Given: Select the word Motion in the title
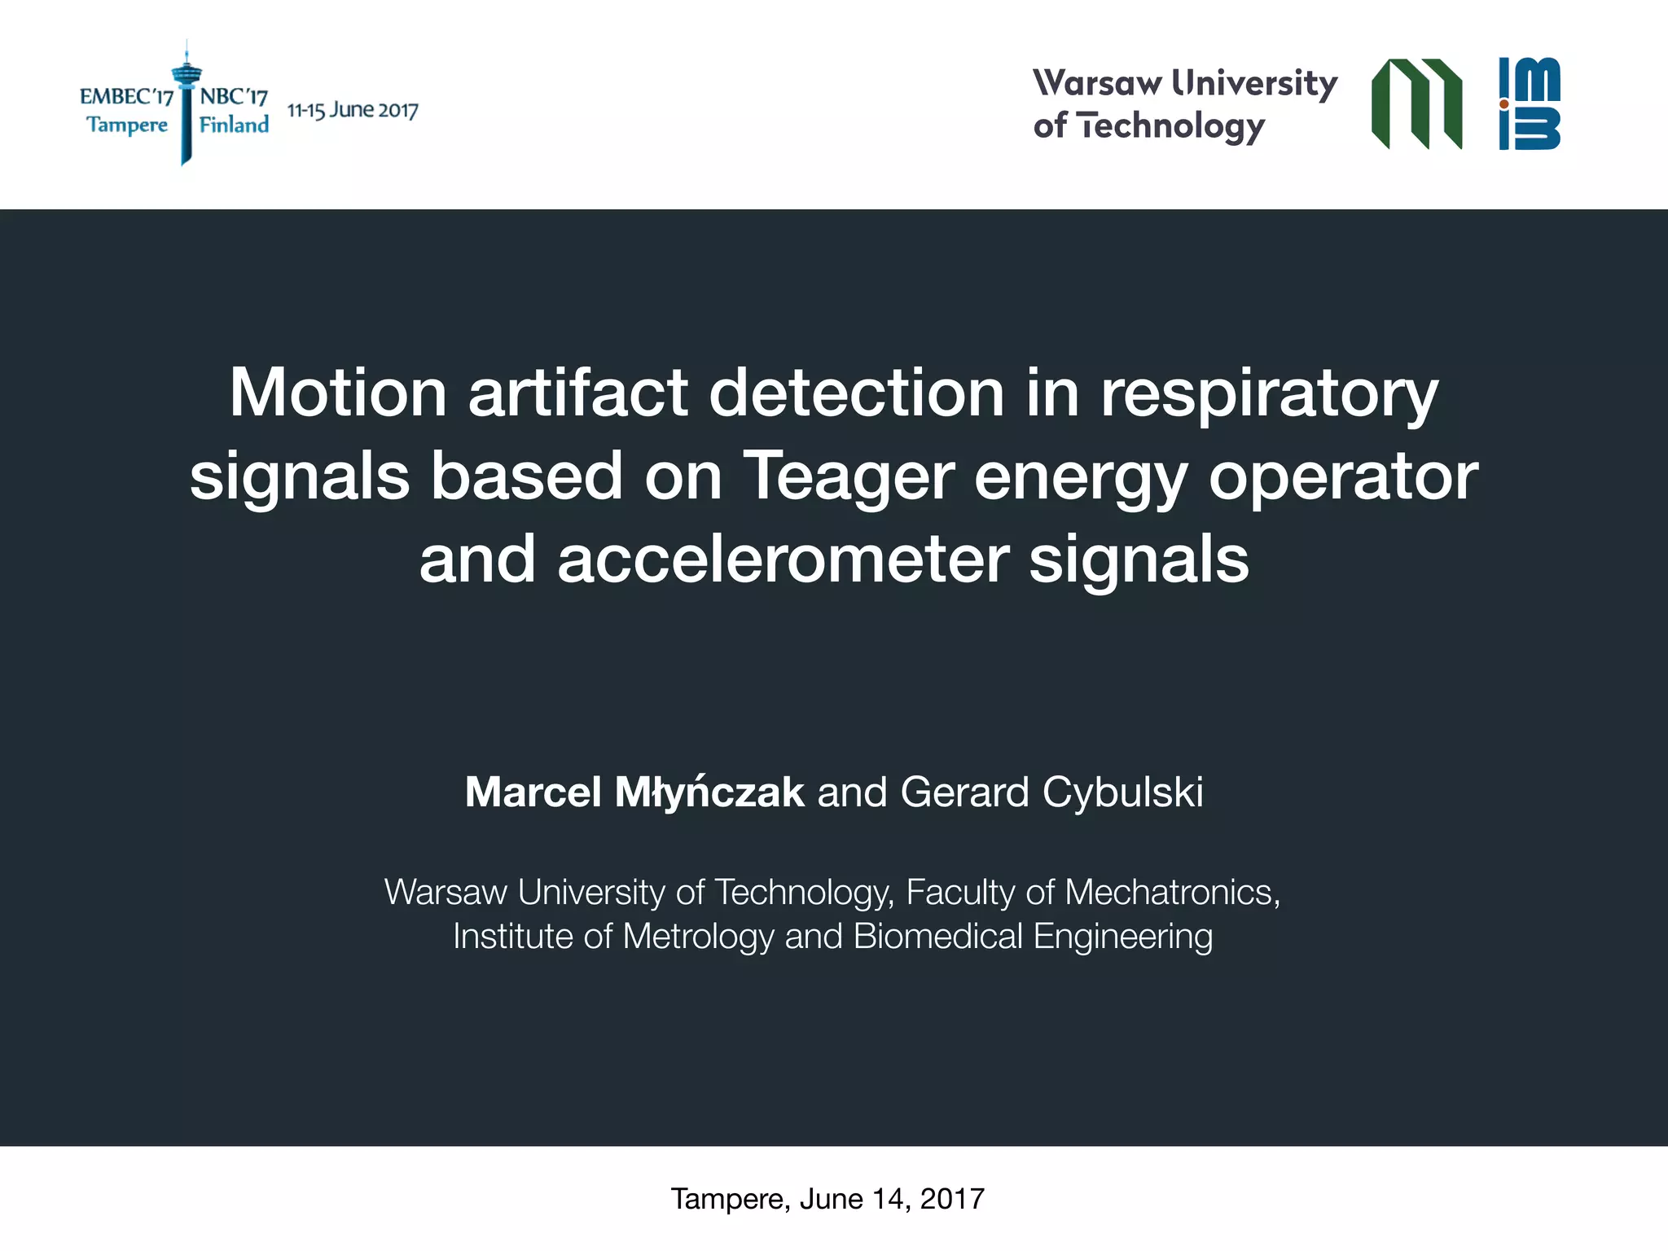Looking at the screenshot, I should [337, 393].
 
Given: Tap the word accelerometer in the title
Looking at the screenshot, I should [784, 560].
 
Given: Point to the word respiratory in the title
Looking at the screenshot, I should [1269, 395].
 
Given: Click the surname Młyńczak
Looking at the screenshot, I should [709, 792].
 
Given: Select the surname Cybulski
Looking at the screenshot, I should [1122, 792].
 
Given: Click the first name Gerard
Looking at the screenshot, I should [965, 792].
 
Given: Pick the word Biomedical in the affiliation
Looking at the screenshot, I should [937, 937].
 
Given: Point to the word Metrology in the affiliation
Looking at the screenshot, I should [698, 937].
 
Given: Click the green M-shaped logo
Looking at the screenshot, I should [1416, 104].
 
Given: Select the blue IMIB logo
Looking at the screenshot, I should [1530, 104].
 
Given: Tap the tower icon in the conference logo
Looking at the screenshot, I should [187, 102].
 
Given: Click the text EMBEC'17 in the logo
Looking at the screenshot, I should [126, 97].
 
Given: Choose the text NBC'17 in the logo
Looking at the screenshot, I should [234, 97].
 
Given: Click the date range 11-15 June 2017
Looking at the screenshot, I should [353, 111].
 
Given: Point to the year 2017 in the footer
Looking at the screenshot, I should [952, 1199].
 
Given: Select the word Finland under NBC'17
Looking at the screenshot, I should [234, 125].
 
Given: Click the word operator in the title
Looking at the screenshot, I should [1343, 476].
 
